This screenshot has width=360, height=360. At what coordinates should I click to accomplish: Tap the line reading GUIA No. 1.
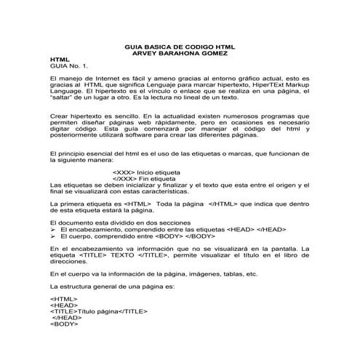click(x=66, y=65)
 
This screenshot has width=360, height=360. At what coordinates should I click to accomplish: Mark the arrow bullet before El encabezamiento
click(x=53, y=230)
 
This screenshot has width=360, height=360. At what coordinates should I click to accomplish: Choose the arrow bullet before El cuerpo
click(x=53, y=236)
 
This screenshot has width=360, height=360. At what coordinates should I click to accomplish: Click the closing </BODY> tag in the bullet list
click(x=198, y=236)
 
